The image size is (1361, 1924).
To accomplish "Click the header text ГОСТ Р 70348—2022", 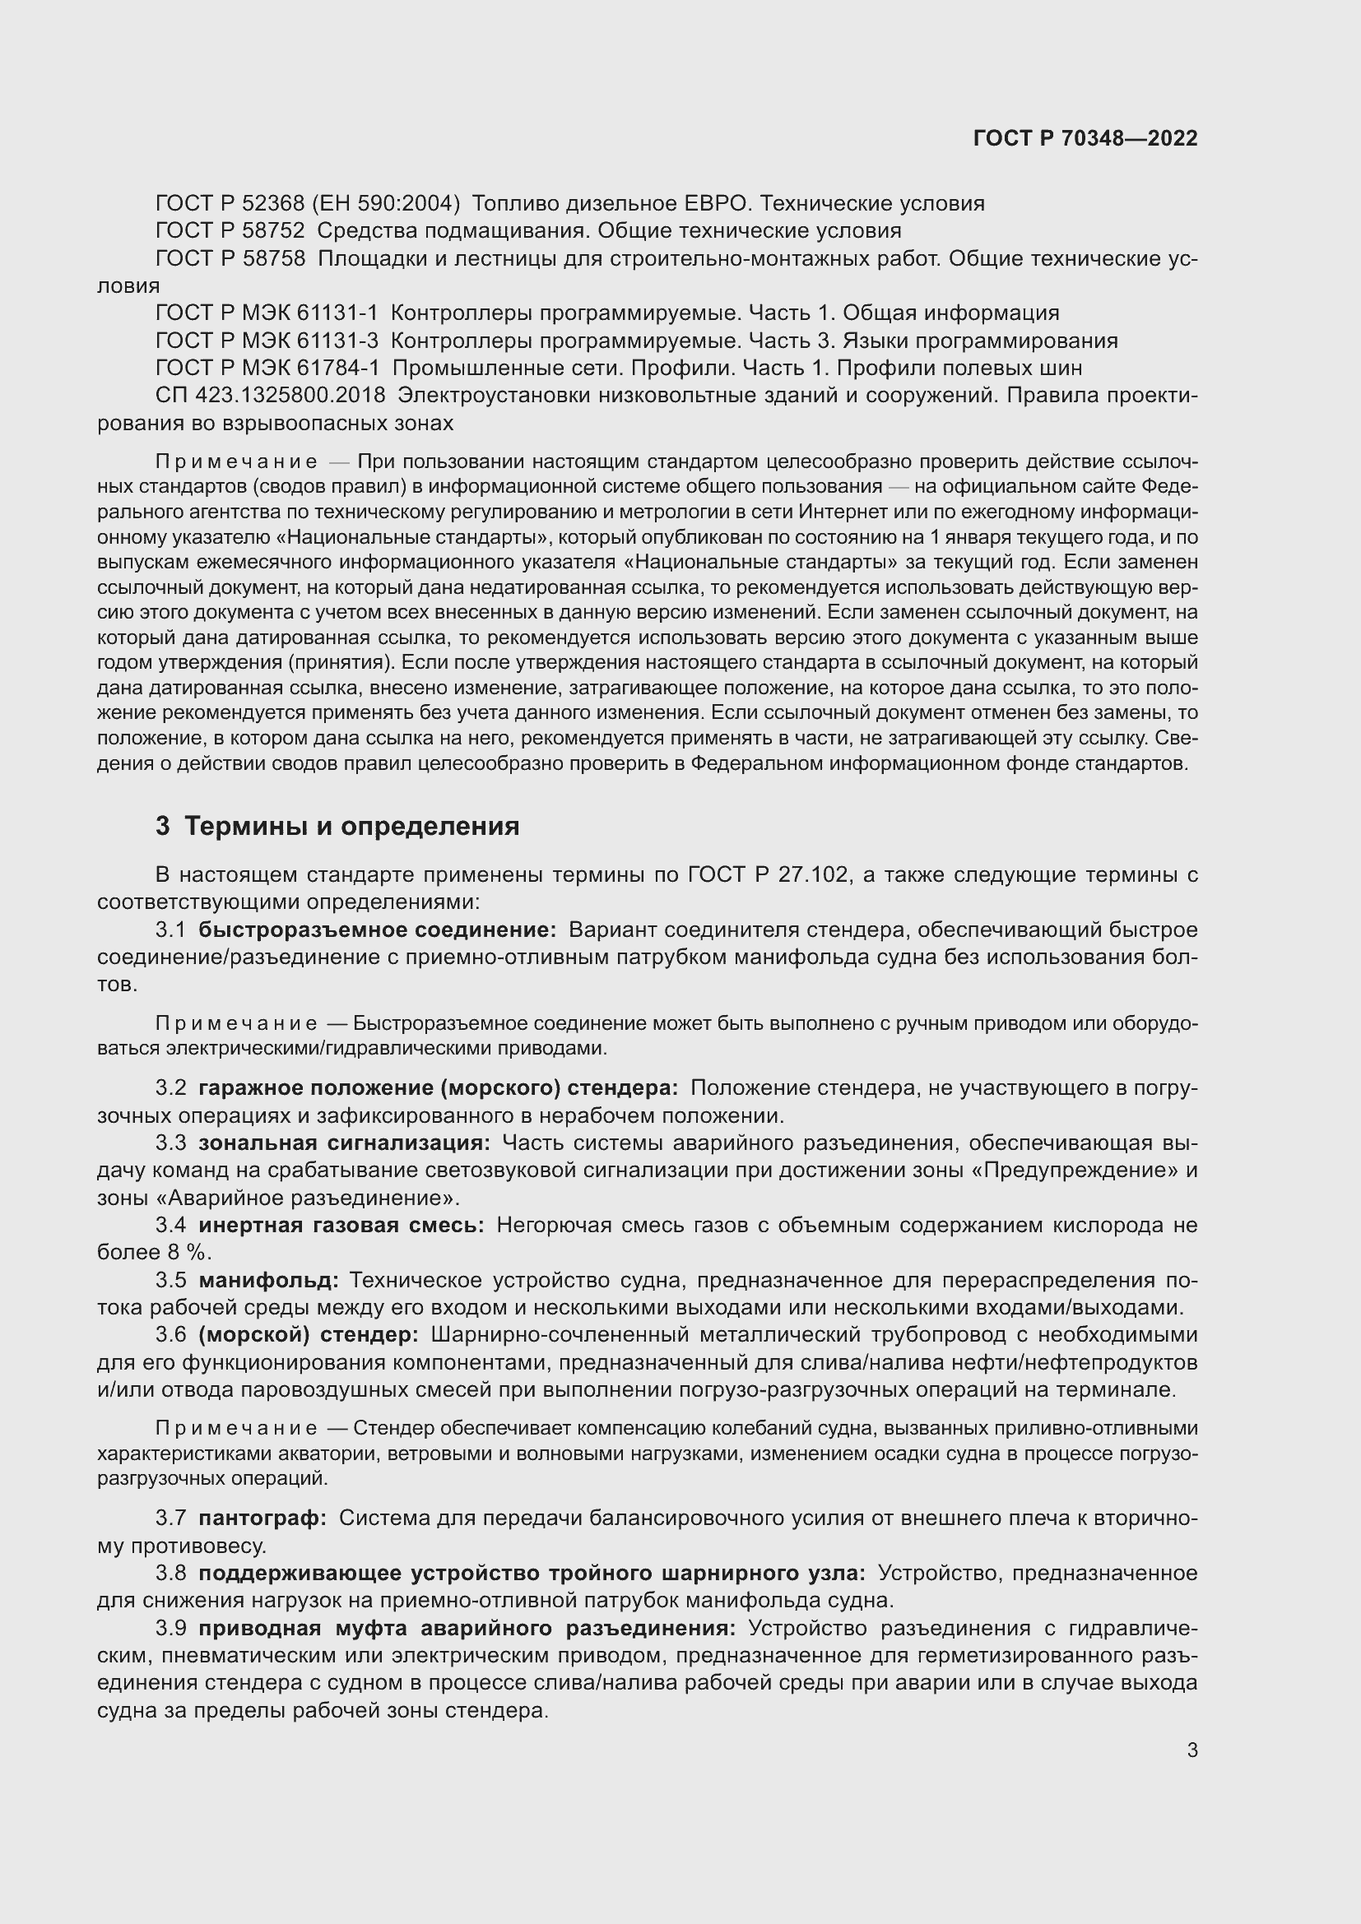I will point(1085,138).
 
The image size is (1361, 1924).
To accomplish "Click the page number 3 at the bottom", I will point(1191,1750).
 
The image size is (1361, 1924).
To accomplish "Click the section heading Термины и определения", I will point(351,826).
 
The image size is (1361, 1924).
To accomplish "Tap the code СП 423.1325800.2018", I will point(270,395).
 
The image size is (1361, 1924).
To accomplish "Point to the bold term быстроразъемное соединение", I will point(377,930).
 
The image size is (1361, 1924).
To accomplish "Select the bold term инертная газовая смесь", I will point(341,1225).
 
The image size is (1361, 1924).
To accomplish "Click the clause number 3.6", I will point(171,1334).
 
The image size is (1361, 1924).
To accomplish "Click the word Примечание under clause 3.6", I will point(236,1428).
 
